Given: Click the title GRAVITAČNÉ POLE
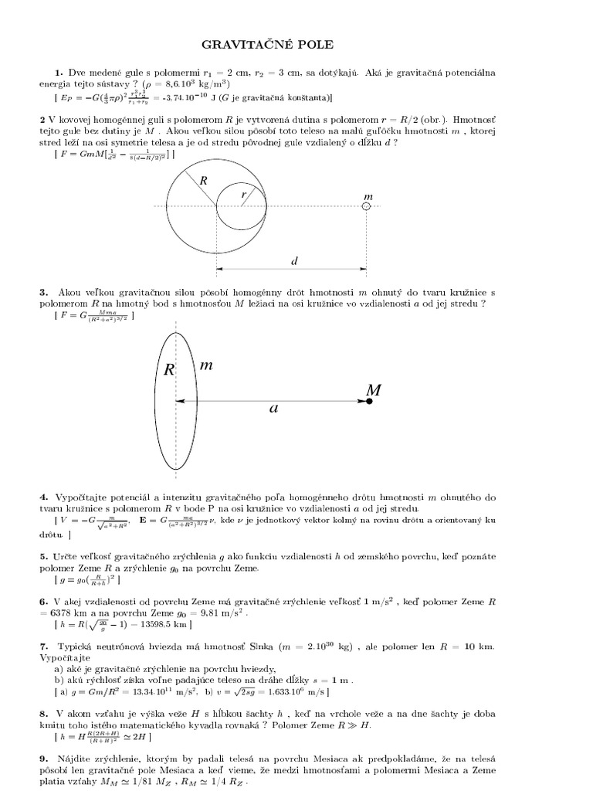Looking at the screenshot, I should (296, 45).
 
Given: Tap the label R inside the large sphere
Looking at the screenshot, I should (204, 181).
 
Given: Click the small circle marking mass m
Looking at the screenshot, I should (367, 206).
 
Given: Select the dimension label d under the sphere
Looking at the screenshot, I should (294, 261).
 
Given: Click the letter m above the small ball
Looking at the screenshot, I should (368, 196).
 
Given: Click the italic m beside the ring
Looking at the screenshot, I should (206, 365).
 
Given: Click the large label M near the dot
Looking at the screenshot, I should (374, 391).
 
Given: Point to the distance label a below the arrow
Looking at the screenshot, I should (273, 409).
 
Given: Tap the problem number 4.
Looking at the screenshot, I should (44, 494).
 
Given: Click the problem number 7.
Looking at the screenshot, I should (44, 645).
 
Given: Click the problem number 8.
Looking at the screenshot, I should (44, 716).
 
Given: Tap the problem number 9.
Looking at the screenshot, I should (44, 760).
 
